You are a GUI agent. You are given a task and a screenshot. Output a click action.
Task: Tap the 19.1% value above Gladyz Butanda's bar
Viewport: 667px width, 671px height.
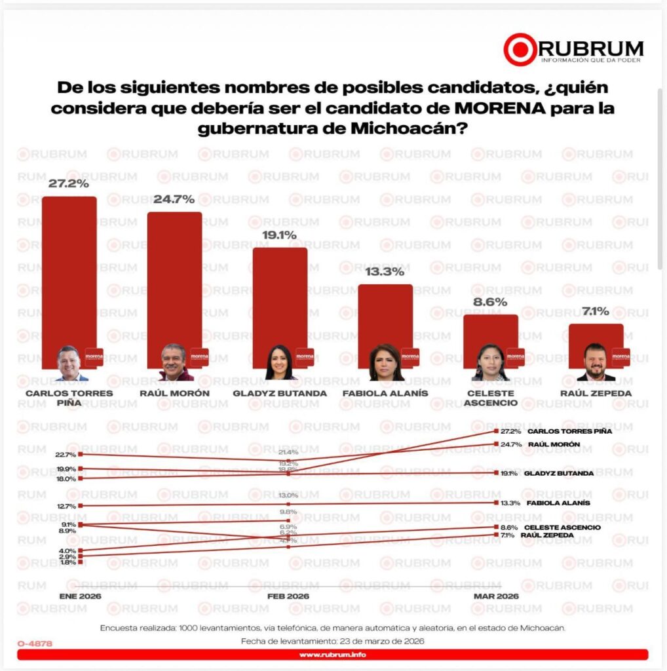tap(280, 235)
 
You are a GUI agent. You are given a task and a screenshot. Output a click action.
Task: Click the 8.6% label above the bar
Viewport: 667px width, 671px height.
tap(491, 303)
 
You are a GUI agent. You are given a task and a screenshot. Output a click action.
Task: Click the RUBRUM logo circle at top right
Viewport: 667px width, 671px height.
tap(520, 49)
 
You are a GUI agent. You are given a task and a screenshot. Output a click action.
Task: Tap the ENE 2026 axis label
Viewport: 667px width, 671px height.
tap(81, 596)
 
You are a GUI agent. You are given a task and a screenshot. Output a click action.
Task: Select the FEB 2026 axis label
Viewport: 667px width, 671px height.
tap(288, 596)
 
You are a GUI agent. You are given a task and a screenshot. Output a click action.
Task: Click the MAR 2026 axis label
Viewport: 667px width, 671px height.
tap(496, 596)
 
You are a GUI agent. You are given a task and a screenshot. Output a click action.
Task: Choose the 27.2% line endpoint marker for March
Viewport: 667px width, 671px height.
tap(495, 432)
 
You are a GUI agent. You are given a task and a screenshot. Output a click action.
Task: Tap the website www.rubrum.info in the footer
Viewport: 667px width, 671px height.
tap(333, 655)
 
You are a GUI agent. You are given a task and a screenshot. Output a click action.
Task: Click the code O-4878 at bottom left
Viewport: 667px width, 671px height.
tap(35, 643)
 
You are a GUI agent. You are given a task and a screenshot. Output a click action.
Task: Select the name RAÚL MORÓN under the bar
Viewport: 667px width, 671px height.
tap(174, 393)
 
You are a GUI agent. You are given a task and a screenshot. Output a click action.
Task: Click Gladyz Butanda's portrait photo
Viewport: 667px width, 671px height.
tap(280, 362)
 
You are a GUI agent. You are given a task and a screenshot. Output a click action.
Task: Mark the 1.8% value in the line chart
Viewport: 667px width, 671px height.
tap(66, 562)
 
